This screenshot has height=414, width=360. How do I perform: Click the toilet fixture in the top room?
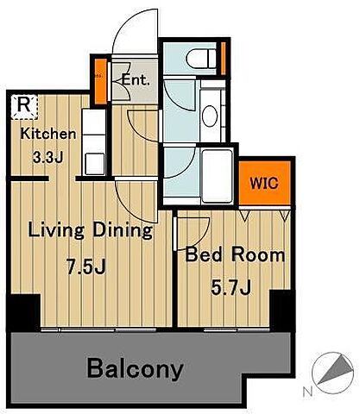point(201,59)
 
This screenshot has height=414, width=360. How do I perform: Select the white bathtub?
point(218,176)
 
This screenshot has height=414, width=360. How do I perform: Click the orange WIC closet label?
point(264,183)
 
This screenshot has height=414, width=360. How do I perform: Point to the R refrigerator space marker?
point(24,106)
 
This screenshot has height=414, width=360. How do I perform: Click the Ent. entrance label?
point(136,79)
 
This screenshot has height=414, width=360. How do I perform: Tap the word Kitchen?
point(48,134)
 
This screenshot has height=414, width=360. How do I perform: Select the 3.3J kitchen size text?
point(47,157)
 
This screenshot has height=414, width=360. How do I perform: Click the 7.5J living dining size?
point(86,267)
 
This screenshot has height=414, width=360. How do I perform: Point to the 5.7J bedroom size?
point(231,287)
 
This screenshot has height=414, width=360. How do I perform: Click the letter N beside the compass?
point(308,392)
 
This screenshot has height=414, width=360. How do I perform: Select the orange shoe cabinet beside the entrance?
point(101,81)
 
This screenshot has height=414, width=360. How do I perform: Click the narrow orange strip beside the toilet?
point(224,59)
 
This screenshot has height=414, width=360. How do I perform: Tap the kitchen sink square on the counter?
point(94,163)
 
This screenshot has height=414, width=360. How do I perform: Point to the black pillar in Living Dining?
point(23,313)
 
